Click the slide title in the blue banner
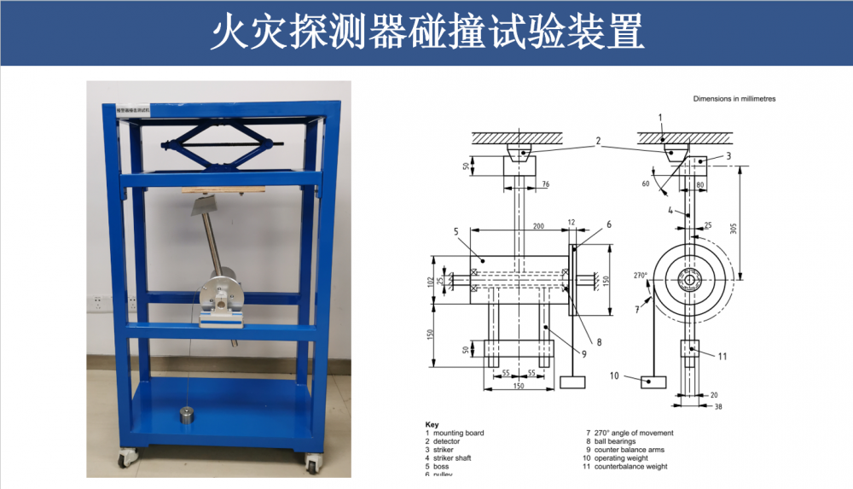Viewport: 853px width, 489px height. (426, 32)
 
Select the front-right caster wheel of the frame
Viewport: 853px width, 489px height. (312, 465)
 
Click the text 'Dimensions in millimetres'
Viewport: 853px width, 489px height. (734, 99)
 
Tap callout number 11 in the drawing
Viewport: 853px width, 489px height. (722, 356)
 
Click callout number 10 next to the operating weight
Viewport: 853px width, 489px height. (613, 375)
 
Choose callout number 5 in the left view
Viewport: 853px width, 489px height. (456, 230)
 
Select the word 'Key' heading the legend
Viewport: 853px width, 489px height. (432, 424)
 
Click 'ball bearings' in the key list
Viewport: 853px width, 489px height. (614, 441)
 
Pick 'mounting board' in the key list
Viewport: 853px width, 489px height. (459, 433)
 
